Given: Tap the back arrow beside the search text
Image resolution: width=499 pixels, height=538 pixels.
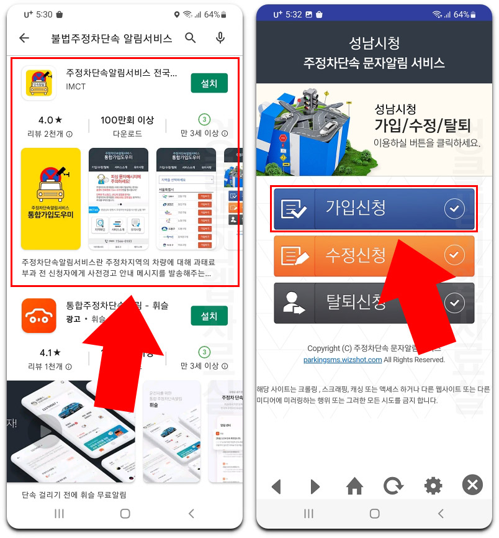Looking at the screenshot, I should [24, 39].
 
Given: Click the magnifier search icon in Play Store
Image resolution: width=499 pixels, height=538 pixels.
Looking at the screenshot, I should [191, 39].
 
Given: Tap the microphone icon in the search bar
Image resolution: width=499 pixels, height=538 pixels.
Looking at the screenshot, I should [220, 39].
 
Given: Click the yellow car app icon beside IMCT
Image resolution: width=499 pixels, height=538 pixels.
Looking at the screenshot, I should [39, 83].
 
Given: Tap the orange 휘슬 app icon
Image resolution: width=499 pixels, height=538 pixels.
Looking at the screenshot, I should [39, 316].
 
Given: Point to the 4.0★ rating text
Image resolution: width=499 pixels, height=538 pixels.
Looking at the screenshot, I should [50, 120].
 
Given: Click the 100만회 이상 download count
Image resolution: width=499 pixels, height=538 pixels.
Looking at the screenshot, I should [127, 120].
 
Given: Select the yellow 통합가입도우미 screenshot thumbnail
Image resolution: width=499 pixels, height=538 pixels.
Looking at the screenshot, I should [51, 198].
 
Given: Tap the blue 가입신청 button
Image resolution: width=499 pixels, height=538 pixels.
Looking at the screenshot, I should [374, 209].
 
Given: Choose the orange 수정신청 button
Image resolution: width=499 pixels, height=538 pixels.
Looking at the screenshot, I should [374, 255].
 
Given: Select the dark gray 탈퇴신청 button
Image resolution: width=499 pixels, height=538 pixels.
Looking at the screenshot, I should [374, 303].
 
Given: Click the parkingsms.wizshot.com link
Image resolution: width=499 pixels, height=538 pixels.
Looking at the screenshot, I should [343, 360].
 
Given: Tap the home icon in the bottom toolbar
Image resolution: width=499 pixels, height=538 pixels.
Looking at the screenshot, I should [354, 486].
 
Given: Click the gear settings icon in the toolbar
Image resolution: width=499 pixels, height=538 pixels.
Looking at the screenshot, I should [433, 486].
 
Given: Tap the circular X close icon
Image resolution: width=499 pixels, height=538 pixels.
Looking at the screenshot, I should [472, 485].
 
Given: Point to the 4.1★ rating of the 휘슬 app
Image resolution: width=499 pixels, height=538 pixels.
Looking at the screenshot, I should [50, 352].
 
